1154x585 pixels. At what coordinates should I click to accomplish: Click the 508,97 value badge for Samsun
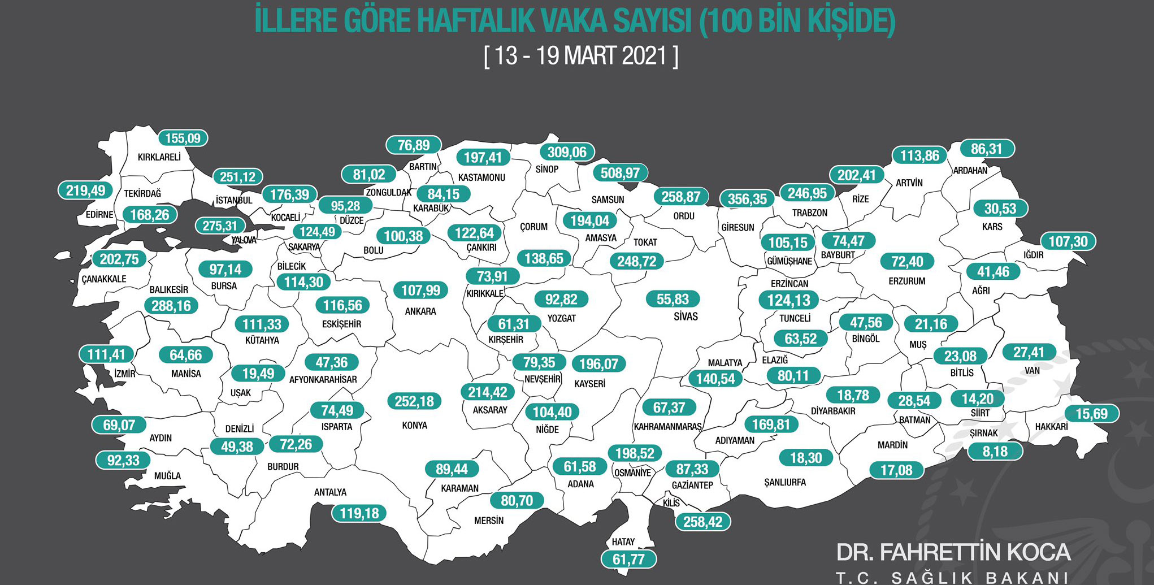[x=620, y=173]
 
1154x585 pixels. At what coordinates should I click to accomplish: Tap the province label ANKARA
[x=420, y=311]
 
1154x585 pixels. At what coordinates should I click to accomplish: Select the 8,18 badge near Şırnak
[x=995, y=452]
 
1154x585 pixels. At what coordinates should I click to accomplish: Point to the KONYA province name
[x=415, y=426]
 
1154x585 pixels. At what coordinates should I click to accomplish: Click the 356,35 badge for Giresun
[x=747, y=199]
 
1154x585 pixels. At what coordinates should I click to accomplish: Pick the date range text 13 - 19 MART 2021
[x=581, y=56]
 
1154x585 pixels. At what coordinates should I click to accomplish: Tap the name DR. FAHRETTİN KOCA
[x=953, y=552]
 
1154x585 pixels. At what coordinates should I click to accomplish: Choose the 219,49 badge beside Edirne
[x=85, y=190]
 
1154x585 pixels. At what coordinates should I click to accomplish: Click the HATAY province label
[x=623, y=542]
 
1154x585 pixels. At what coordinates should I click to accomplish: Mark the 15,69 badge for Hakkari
[x=1091, y=414]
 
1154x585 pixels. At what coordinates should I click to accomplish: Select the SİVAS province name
[x=686, y=317]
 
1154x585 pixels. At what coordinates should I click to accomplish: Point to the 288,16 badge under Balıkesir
[x=171, y=306]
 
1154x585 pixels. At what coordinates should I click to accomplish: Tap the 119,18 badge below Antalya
[x=359, y=513]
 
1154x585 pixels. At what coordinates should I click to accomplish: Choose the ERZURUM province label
[x=907, y=281]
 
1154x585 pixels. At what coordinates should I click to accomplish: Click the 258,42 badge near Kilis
[x=703, y=522]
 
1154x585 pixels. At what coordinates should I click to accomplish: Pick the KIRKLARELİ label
[x=159, y=157]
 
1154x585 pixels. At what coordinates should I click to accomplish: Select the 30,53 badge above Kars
[x=1000, y=209]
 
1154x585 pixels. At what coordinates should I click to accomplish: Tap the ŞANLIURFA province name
[x=785, y=483]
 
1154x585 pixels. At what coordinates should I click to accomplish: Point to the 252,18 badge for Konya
[x=414, y=401]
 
